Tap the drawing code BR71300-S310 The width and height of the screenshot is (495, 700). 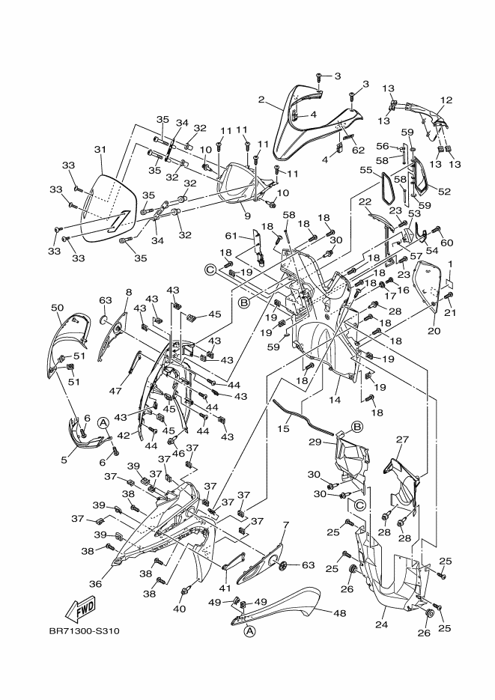[85, 631]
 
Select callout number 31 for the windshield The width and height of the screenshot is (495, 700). [100, 149]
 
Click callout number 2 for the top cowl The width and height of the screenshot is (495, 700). [261, 99]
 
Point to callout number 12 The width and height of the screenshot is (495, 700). [446, 100]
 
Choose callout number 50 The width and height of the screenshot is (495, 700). [58, 308]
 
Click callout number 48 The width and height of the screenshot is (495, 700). [340, 613]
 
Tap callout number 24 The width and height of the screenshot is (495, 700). [382, 624]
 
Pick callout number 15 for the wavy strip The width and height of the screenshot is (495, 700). [283, 428]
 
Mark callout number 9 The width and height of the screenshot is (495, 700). [248, 216]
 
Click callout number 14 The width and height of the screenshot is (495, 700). [335, 400]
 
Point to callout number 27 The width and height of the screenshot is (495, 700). [402, 439]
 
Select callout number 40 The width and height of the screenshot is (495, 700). [179, 609]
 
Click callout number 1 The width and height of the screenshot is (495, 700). [450, 264]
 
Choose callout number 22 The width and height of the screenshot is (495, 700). [365, 202]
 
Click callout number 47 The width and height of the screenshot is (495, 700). [115, 392]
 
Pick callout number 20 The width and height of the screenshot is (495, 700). [434, 331]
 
